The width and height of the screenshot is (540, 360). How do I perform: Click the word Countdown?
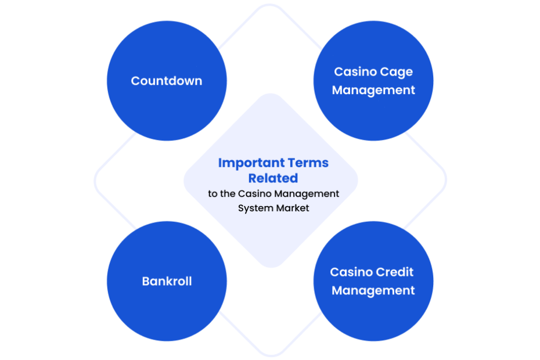[166, 81]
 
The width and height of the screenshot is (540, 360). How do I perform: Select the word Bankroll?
[167, 281]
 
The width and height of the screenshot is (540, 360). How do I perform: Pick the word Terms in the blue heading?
[308, 163]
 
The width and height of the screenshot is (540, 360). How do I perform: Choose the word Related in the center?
[273, 178]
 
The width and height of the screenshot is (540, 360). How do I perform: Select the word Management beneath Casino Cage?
[373, 91]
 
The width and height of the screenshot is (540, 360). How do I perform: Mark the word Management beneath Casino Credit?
[373, 291]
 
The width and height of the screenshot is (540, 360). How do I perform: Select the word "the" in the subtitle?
[228, 193]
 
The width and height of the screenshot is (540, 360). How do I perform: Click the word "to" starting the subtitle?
[213, 194]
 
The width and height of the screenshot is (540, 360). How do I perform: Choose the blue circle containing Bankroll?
[167, 281]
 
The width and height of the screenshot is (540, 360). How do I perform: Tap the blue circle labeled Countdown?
[167, 81]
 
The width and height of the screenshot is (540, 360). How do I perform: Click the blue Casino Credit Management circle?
[373, 281]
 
